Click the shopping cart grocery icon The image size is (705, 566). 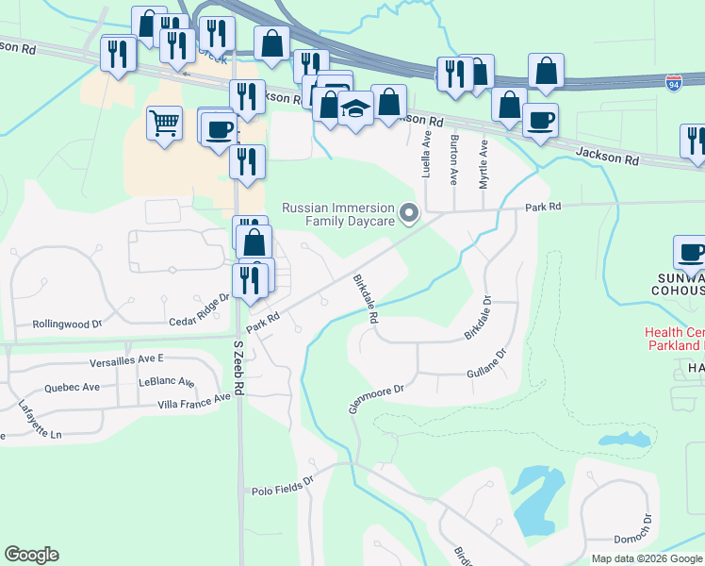point(164,123)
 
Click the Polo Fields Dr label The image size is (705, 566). point(282,491)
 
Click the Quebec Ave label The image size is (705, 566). point(70,387)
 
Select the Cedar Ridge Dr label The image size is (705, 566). point(199,309)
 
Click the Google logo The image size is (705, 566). point(31,555)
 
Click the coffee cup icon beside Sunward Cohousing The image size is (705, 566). point(691,254)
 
